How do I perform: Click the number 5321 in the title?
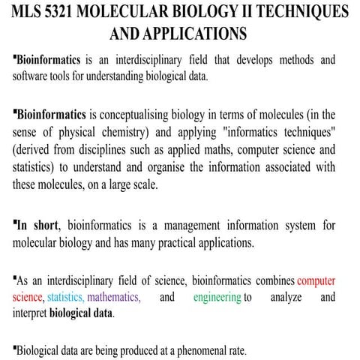[x=70, y=15]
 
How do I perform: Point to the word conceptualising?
[x=145, y=115]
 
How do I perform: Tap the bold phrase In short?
[x=34, y=225]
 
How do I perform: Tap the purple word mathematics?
[x=113, y=298]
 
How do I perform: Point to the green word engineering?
[x=216, y=298]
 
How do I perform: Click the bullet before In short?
[x=15, y=222]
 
